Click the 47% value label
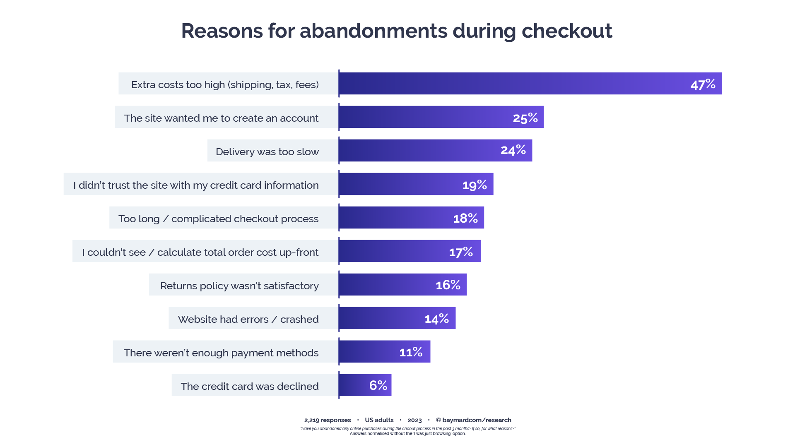(703, 84)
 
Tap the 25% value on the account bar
(525, 118)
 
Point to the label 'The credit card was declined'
(250, 386)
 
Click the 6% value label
(378, 385)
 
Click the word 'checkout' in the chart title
(566, 31)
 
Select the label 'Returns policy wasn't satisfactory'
(239, 286)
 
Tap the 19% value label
(475, 185)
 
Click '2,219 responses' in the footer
(328, 420)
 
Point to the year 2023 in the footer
(414, 420)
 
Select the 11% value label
(411, 352)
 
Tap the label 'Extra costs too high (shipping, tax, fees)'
(225, 84)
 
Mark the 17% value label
(461, 252)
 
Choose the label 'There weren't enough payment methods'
(221, 353)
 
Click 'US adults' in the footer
(379, 420)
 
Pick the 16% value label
(448, 285)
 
